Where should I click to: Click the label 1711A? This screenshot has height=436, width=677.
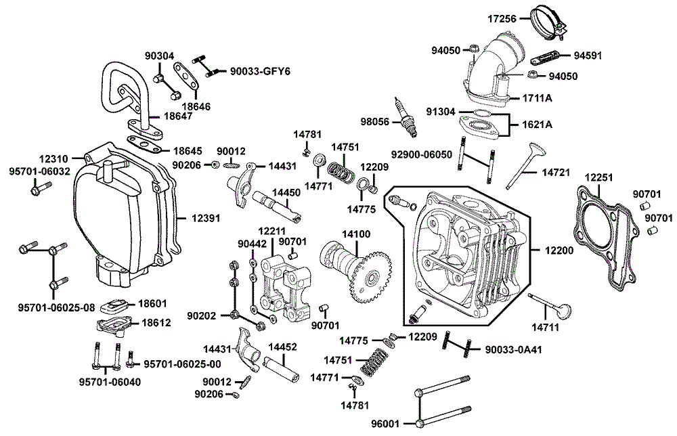click(536, 98)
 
